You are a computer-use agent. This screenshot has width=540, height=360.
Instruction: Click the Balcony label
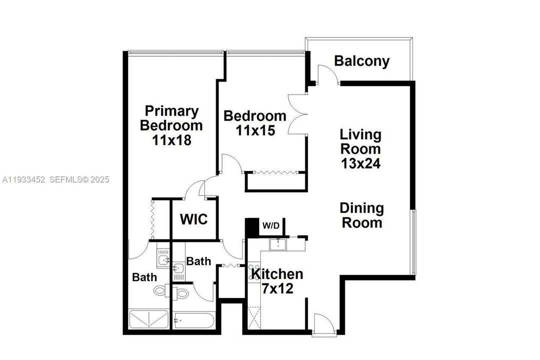point(362,61)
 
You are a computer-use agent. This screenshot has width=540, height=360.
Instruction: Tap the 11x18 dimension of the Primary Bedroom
point(172,140)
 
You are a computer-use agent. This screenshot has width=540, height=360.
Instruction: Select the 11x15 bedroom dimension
point(255,130)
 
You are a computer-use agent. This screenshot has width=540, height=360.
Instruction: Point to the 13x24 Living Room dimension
point(361,163)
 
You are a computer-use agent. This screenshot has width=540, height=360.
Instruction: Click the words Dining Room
point(362,215)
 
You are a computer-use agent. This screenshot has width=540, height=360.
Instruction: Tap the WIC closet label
point(194,219)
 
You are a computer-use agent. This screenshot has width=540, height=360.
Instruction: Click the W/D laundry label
point(271,226)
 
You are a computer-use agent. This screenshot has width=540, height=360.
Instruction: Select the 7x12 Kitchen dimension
point(277,288)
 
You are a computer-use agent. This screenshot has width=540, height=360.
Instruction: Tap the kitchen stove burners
point(253,272)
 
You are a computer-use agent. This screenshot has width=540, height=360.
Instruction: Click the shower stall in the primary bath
point(149,319)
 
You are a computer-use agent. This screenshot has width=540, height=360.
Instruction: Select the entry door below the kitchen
point(320,323)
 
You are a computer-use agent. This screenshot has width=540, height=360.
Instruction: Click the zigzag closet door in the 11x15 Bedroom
point(276,172)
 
